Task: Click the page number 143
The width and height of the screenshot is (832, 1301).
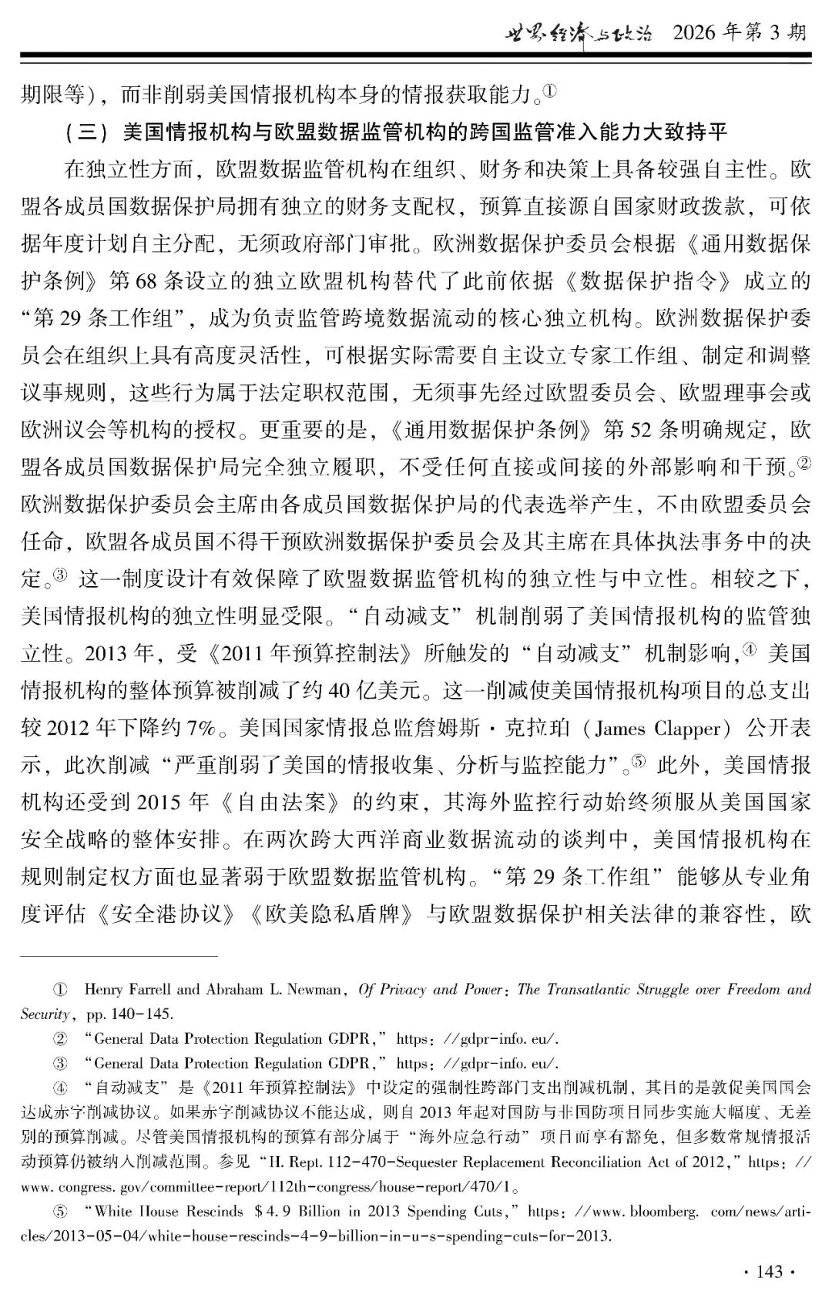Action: click(x=770, y=1271)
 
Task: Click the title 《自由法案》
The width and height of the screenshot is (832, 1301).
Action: click(x=280, y=802)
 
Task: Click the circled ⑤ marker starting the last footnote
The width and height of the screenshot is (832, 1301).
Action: click(x=59, y=1212)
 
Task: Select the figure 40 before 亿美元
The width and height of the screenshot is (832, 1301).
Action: click(x=339, y=690)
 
